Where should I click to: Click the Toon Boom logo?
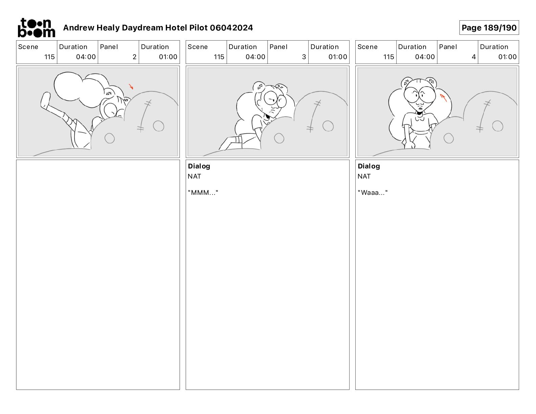pyautogui.click(x=37, y=28)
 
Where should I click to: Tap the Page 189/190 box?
pyautogui.click(x=489, y=28)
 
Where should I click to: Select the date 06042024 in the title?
pyautogui.click(x=231, y=28)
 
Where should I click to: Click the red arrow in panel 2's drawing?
pyautogui.click(x=131, y=87)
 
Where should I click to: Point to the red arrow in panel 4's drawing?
pyautogui.click(x=444, y=98)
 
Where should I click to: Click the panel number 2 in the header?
pyautogui.click(x=134, y=57)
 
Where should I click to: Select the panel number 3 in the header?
pyautogui.click(x=304, y=57)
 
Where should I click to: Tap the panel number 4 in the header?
pyautogui.click(x=474, y=57)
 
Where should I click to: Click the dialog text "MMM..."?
pyautogui.click(x=203, y=192)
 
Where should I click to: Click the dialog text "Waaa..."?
pyautogui.click(x=373, y=192)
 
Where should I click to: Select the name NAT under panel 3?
pyautogui.click(x=194, y=176)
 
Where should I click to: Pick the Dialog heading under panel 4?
pyautogui.click(x=369, y=166)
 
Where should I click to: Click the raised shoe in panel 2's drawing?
pyautogui.click(x=45, y=100)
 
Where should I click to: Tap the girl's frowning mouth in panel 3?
pyautogui.click(x=272, y=112)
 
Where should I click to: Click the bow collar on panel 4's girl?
pyautogui.click(x=420, y=119)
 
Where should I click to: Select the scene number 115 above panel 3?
pyautogui.click(x=219, y=57)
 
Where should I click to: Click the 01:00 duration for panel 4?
pyautogui.click(x=507, y=57)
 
